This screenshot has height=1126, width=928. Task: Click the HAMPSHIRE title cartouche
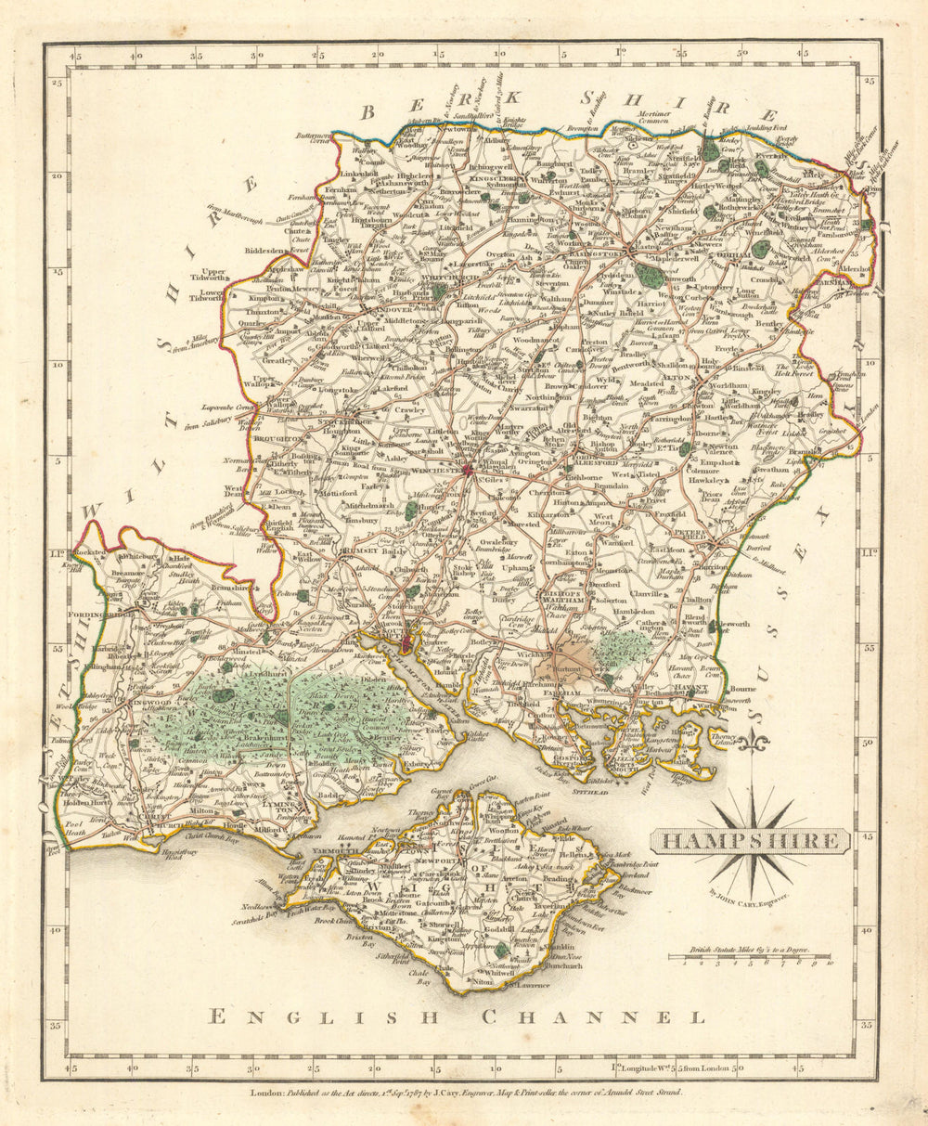click(x=749, y=841)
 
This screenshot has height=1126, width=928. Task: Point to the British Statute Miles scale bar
click(x=750, y=956)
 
